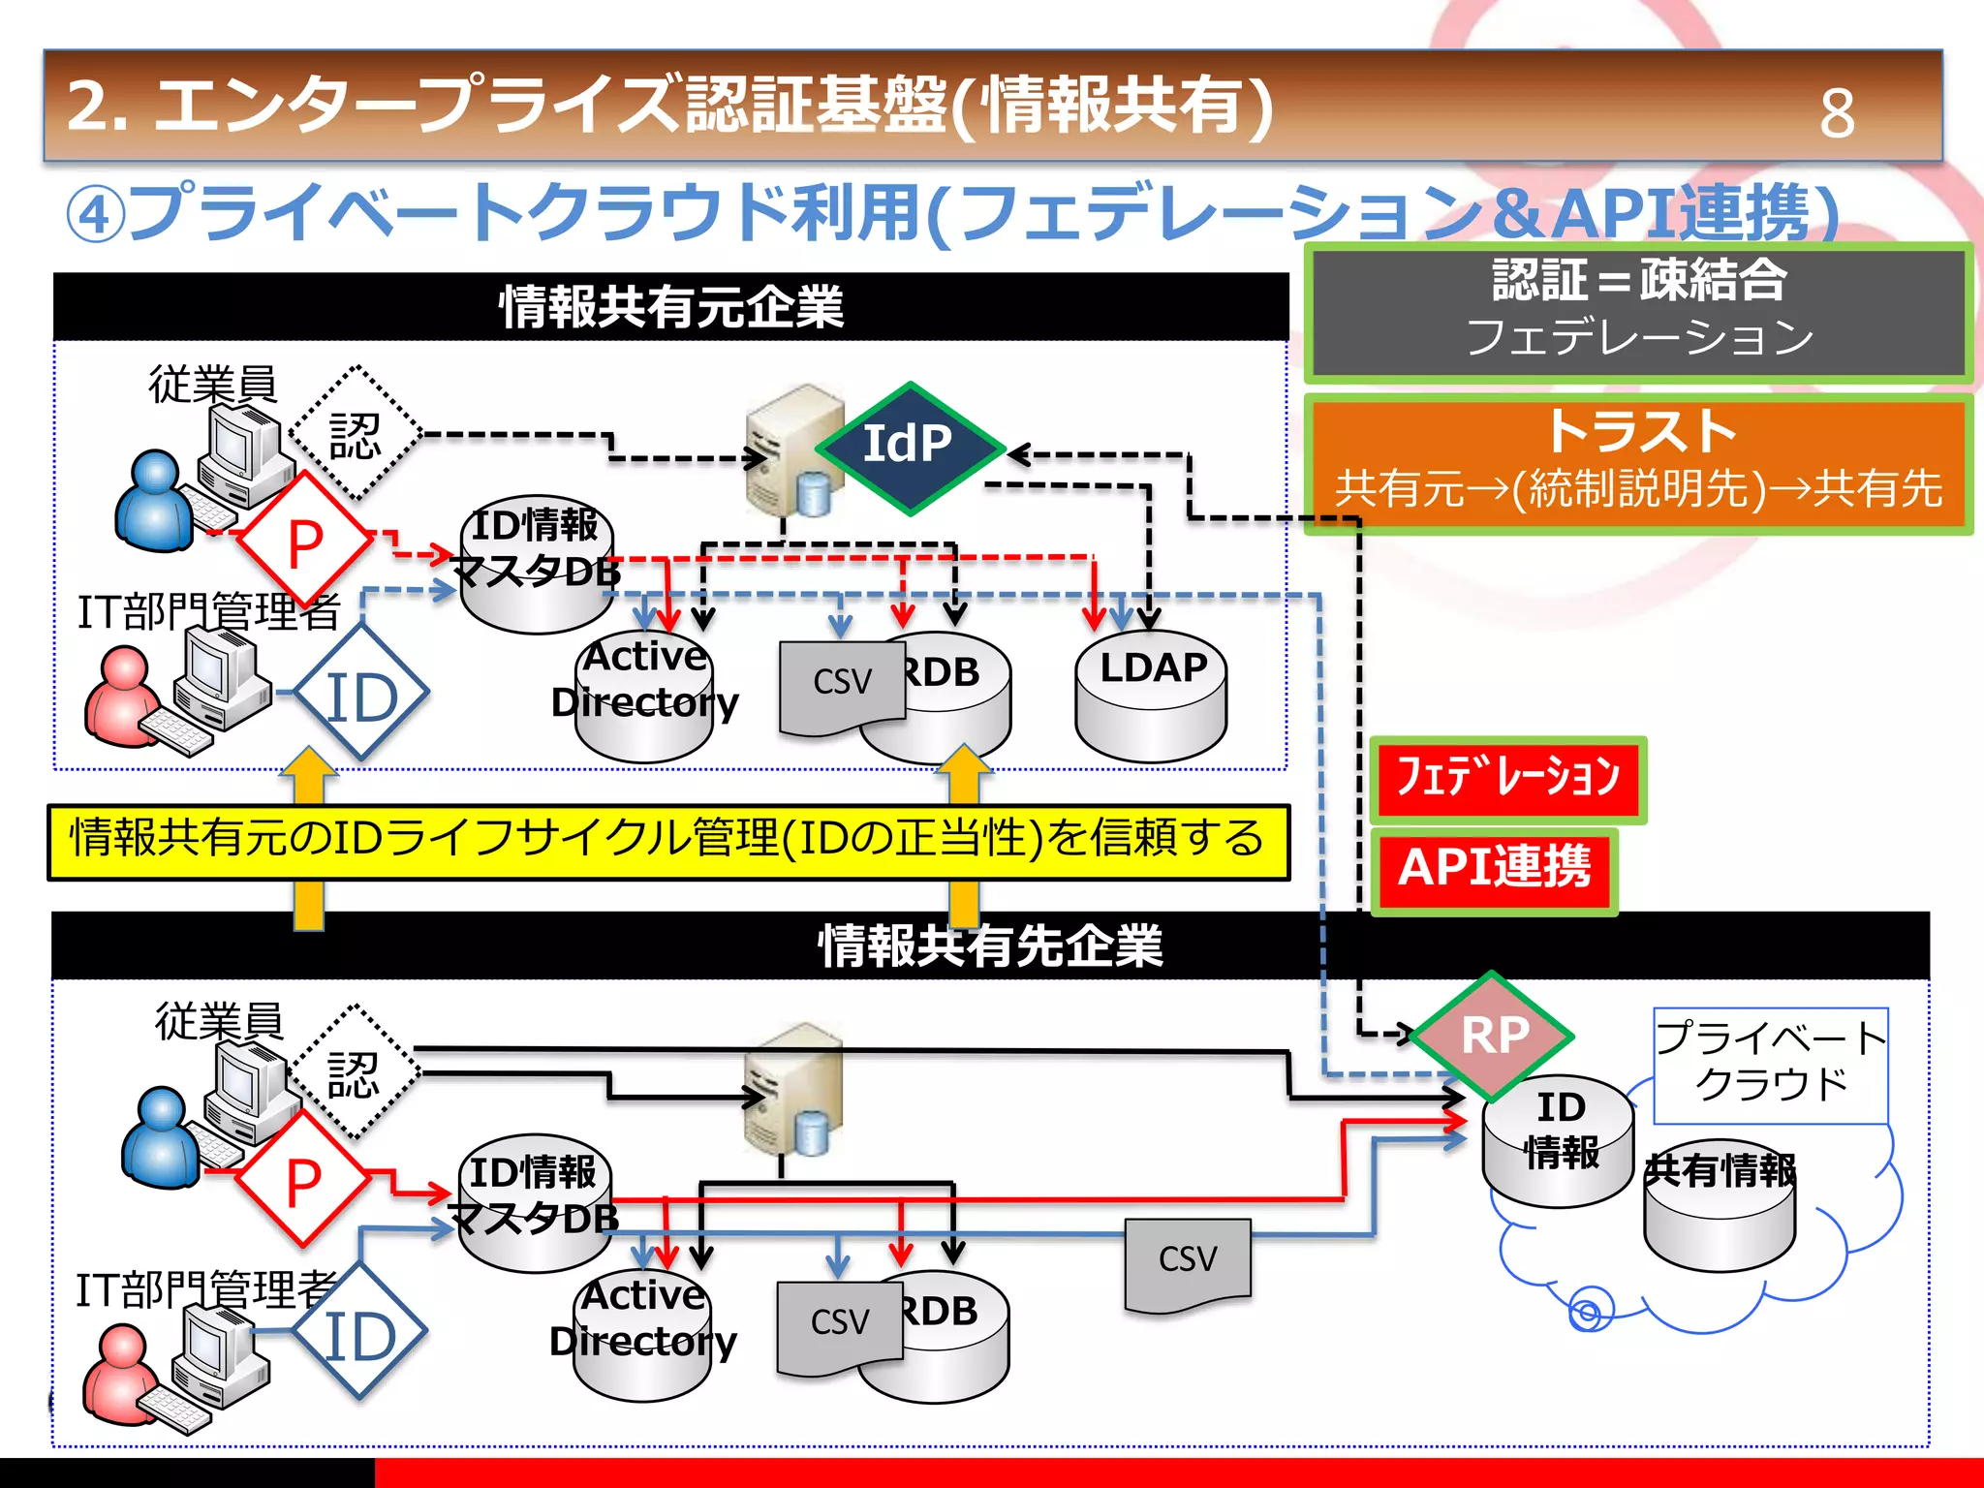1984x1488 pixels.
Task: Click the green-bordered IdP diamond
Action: (908, 448)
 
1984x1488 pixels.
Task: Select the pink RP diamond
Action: (1493, 1035)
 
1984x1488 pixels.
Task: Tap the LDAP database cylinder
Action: (1151, 697)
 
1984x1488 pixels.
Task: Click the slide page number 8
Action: (1837, 113)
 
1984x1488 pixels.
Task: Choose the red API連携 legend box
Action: (1494, 868)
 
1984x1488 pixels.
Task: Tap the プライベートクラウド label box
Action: (1770, 1064)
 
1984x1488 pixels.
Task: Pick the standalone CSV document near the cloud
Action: (1188, 1263)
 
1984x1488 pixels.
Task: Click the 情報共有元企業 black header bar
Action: (670, 307)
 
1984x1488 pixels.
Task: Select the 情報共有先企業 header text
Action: (990, 945)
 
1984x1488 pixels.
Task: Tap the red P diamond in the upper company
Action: (305, 541)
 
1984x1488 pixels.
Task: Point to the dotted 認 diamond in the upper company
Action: (355, 434)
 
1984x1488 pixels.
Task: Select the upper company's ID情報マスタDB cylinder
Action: (536, 572)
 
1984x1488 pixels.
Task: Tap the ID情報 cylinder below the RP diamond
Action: (1558, 1143)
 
